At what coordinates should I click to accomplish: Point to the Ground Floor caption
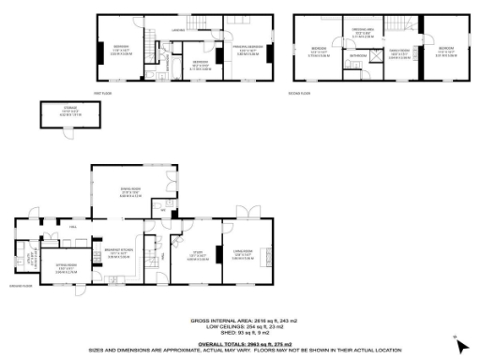pos(21,286)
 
